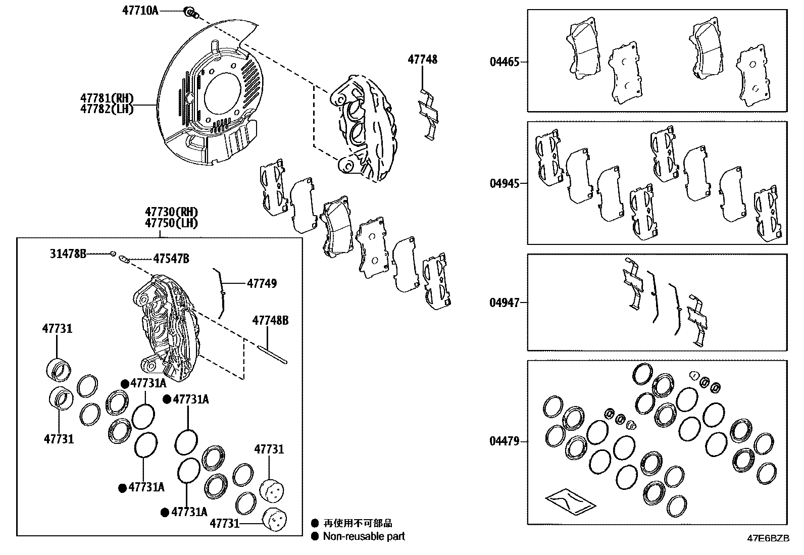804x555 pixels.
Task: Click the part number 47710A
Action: click(x=140, y=10)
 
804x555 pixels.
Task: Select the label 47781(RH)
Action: click(x=106, y=97)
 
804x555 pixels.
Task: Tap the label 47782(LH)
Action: click(x=106, y=109)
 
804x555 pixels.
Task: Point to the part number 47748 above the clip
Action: click(x=422, y=60)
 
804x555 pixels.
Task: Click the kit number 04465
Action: click(x=504, y=63)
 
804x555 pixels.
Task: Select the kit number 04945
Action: click(x=504, y=183)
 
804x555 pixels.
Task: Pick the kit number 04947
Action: click(x=504, y=303)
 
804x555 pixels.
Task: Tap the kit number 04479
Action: click(x=504, y=441)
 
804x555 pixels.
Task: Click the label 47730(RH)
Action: click(x=171, y=212)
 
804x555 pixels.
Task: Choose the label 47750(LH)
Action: click(x=171, y=223)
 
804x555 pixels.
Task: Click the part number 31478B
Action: click(x=68, y=254)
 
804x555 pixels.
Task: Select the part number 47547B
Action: click(x=171, y=259)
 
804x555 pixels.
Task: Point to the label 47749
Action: click(x=262, y=283)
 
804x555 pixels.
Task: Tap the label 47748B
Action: click(x=270, y=320)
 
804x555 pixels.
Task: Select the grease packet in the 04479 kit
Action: click(x=570, y=500)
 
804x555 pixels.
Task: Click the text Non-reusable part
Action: click(x=364, y=536)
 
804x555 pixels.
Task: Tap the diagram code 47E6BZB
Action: click(x=768, y=538)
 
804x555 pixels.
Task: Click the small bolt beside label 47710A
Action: click(x=190, y=12)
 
